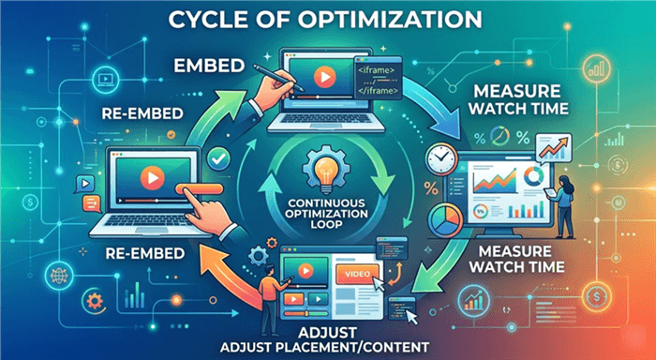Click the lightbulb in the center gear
(328, 174)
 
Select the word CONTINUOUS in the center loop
(328, 199)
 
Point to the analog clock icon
(440, 162)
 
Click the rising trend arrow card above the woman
(554, 145)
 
